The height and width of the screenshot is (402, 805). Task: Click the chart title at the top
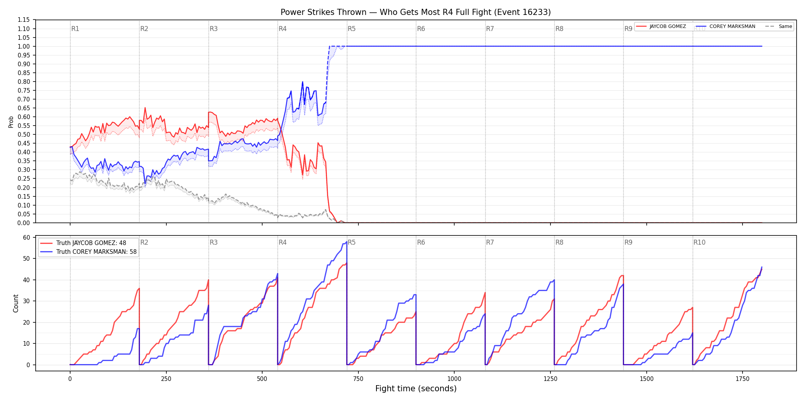pyautogui.click(x=416, y=12)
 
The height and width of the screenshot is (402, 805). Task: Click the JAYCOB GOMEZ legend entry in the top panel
pyautogui.click(x=667, y=26)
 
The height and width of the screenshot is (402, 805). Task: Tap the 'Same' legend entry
pyautogui.click(x=785, y=26)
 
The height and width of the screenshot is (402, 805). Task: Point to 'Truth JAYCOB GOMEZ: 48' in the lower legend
pyautogui.click(x=91, y=243)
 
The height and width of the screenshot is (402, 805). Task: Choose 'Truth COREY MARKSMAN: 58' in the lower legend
pyautogui.click(x=96, y=252)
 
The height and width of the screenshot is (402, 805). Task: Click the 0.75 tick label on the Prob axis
pyautogui.click(x=24, y=91)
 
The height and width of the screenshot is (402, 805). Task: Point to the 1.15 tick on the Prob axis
pyautogui.click(x=24, y=20)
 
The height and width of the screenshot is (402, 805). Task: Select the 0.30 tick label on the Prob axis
pyautogui.click(x=24, y=170)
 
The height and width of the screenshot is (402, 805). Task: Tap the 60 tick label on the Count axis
pyautogui.click(x=26, y=238)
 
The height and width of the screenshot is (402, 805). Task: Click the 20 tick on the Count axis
pyautogui.click(x=26, y=323)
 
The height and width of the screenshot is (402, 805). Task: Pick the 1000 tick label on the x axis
pyautogui.click(x=454, y=379)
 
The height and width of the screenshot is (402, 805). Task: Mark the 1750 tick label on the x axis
pyautogui.click(x=743, y=379)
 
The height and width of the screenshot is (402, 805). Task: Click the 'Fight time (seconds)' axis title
pyautogui.click(x=416, y=389)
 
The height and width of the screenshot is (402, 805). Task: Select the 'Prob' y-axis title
pyautogui.click(x=11, y=122)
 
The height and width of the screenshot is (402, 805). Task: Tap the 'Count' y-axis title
pyautogui.click(x=16, y=303)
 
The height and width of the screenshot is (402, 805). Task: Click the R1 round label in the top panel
pyautogui.click(x=75, y=29)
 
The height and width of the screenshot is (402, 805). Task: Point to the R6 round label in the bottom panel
pyautogui.click(x=421, y=243)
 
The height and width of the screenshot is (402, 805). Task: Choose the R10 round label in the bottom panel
pyautogui.click(x=699, y=243)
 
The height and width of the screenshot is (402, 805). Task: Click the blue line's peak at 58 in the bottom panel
pyautogui.click(x=347, y=242)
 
